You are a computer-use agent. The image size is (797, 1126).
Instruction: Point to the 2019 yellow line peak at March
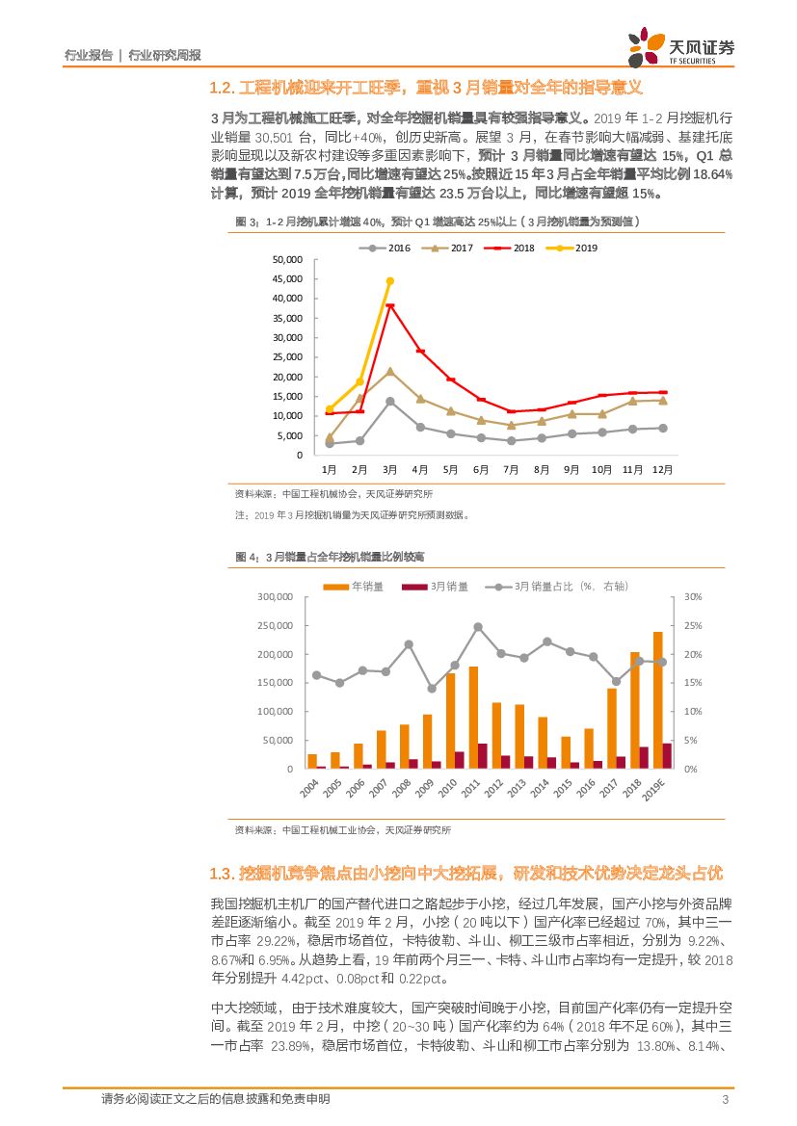390,281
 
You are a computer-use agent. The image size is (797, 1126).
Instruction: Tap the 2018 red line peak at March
390,306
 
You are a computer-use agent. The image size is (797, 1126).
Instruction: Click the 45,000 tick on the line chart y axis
287,279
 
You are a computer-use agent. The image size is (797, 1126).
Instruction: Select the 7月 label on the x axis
511,469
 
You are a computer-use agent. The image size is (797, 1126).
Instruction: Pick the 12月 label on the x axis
662,469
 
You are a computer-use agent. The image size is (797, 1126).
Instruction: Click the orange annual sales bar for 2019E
657,700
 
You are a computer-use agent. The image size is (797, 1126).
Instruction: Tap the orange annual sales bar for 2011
473,718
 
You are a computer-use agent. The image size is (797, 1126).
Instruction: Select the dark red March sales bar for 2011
483,756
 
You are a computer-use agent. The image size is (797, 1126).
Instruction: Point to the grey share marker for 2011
478,627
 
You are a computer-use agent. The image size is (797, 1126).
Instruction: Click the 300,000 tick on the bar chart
276,597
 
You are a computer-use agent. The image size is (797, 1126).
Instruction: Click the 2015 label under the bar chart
567,788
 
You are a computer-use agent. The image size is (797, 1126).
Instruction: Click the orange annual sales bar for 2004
312,761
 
